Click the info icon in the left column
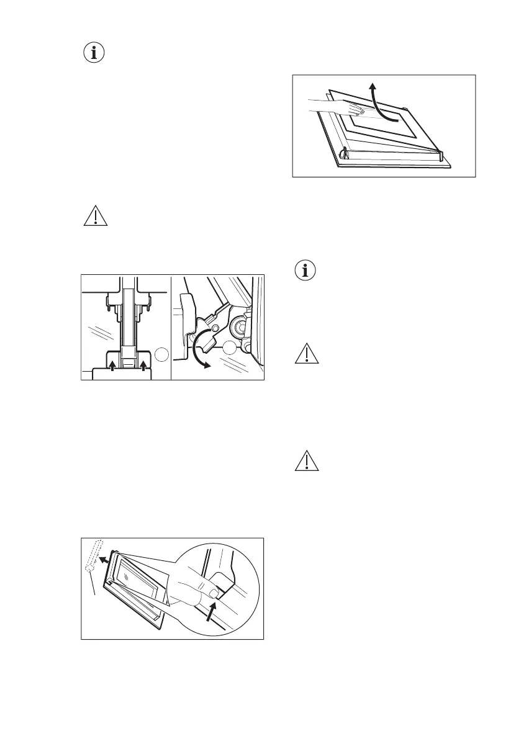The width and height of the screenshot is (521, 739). coord(94,53)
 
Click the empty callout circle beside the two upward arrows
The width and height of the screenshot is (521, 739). coord(161,355)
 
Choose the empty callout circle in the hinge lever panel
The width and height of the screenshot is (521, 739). coord(231,348)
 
